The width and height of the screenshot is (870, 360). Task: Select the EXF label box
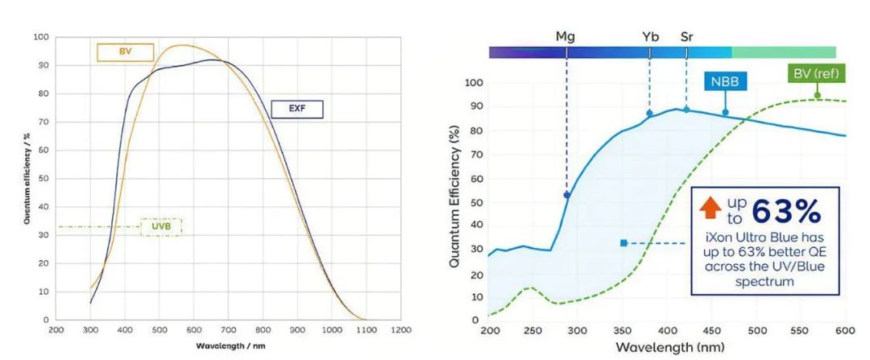pos(296,110)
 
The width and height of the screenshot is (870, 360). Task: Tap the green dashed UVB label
pos(161,227)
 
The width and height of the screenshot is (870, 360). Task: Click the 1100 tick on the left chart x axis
pos(366,330)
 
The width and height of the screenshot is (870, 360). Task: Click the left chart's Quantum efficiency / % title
pos(27,178)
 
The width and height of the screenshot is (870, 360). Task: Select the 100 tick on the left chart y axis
pos(40,37)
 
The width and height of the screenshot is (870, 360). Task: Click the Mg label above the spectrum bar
pos(565,36)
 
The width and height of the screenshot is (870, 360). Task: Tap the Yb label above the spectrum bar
pos(650,36)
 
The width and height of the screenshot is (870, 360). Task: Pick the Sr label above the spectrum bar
pos(686,36)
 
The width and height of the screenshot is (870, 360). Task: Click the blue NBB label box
pos(726,81)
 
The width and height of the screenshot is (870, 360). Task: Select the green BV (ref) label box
pos(815,75)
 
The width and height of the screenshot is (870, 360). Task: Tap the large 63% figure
pos(785,211)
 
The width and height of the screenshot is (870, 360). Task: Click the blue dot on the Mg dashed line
pos(567,195)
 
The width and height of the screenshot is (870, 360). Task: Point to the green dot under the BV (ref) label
pos(817,95)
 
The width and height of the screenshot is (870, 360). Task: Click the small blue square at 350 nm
pos(623,242)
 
